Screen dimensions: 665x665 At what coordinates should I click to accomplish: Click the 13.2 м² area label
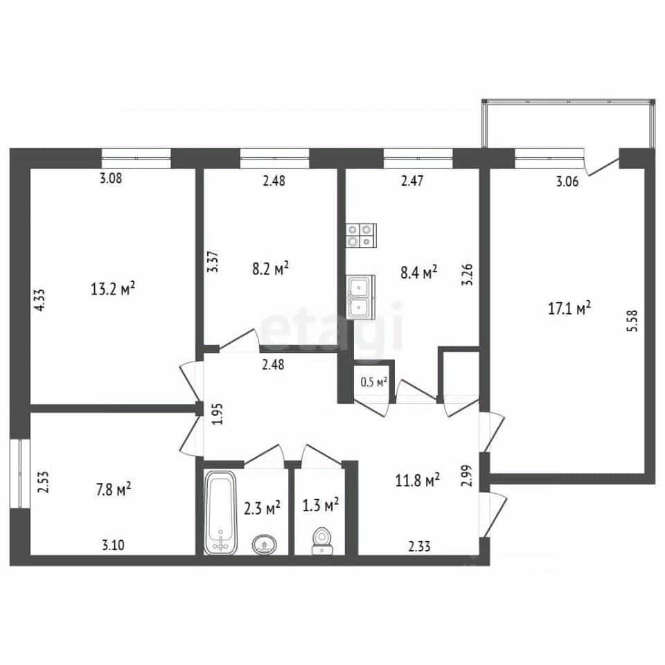pyautogui.click(x=113, y=289)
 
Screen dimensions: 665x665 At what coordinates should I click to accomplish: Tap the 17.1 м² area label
pyautogui.click(x=569, y=308)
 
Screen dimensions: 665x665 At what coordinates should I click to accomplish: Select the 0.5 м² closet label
pyautogui.click(x=373, y=382)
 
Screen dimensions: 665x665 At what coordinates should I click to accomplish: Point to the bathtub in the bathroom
pyautogui.click(x=220, y=512)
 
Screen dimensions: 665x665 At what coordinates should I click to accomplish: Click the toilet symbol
pyautogui.click(x=322, y=541)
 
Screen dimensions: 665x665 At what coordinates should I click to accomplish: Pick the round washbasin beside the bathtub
pyautogui.click(x=265, y=544)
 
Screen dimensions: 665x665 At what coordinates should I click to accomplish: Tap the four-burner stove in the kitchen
pyautogui.click(x=362, y=236)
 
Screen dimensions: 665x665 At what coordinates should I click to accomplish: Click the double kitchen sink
pyautogui.click(x=360, y=297)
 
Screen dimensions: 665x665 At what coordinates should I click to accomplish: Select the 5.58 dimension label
pyautogui.click(x=632, y=321)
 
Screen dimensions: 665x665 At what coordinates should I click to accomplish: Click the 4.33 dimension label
pyautogui.click(x=39, y=300)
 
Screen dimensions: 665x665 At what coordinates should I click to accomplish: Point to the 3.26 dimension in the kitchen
pyautogui.click(x=467, y=274)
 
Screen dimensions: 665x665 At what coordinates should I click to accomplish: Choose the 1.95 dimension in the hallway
pyautogui.click(x=217, y=414)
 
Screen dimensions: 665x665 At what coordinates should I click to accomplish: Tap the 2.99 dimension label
pyautogui.click(x=466, y=476)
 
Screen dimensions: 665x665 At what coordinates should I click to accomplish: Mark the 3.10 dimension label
pyautogui.click(x=113, y=544)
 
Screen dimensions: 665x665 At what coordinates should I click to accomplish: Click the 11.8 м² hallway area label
pyautogui.click(x=417, y=480)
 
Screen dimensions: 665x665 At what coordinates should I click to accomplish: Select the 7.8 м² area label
pyautogui.click(x=113, y=490)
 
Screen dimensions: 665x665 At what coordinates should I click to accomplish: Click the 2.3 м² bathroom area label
pyautogui.click(x=262, y=508)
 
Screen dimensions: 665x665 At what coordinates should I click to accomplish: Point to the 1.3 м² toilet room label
pyautogui.click(x=320, y=505)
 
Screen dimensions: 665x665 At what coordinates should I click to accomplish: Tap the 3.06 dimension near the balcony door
pyautogui.click(x=567, y=181)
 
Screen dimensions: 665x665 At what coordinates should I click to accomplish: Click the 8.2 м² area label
pyautogui.click(x=271, y=269)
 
